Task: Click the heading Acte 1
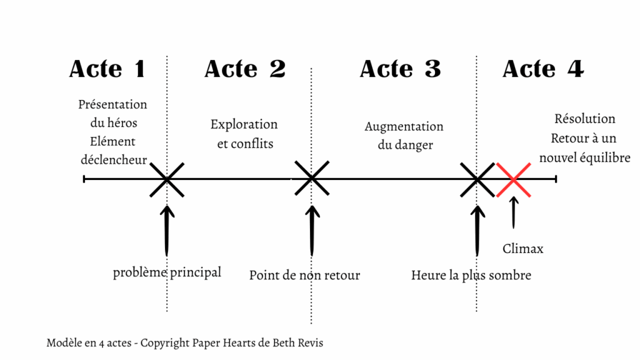pyautogui.click(x=107, y=69)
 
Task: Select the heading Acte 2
pyautogui.click(x=245, y=69)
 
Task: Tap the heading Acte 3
pyautogui.click(x=401, y=69)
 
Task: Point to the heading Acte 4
pyautogui.click(x=543, y=69)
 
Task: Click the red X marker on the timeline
pyautogui.click(x=514, y=179)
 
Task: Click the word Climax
pyautogui.click(x=523, y=249)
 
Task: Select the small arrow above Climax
pyautogui.click(x=514, y=212)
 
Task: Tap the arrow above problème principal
pyautogui.click(x=166, y=231)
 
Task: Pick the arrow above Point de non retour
pyautogui.click(x=312, y=231)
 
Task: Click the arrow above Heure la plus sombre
pyautogui.click(x=477, y=231)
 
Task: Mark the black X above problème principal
pyautogui.click(x=167, y=179)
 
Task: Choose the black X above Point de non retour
pyautogui.click(x=312, y=178)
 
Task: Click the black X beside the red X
pyautogui.click(x=477, y=179)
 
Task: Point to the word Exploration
pyautogui.click(x=244, y=124)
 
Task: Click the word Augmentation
pyautogui.click(x=404, y=127)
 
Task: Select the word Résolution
pyautogui.click(x=585, y=119)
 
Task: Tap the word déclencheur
pyautogui.click(x=114, y=159)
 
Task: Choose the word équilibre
pyautogui.click(x=606, y=157)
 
